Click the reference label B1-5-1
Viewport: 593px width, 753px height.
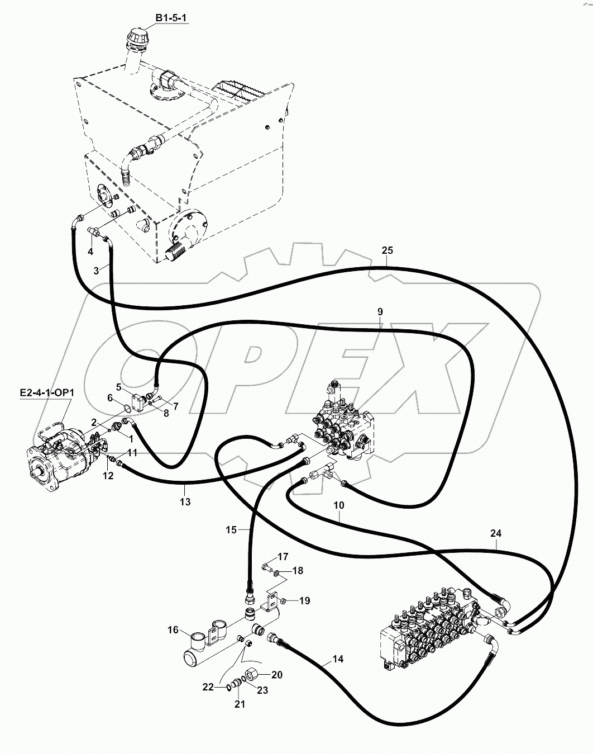[171, 19]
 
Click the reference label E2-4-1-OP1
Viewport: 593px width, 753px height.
[49, 393]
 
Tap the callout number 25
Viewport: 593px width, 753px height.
[388, 250]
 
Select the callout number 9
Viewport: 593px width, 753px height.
[380, 311]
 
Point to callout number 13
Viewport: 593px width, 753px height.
[185, 502]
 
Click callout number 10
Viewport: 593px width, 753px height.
[339, 505]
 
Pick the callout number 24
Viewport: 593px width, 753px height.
[496, 534]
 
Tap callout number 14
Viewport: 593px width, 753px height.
[337, 659]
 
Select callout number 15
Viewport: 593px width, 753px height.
[232, 529]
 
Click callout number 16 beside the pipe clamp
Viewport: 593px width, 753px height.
[173, 630]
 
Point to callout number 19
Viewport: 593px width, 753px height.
[304, 601]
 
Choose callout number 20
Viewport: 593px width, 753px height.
[276, 675]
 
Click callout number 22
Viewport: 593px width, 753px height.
[208, 687]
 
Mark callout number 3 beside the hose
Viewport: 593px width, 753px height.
[96, 271]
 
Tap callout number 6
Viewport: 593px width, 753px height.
[110, 397]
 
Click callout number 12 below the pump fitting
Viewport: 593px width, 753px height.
[108, 476]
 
